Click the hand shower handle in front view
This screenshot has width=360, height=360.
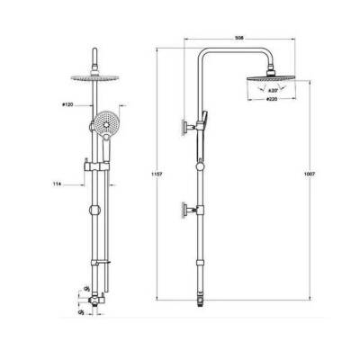(91, 144)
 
